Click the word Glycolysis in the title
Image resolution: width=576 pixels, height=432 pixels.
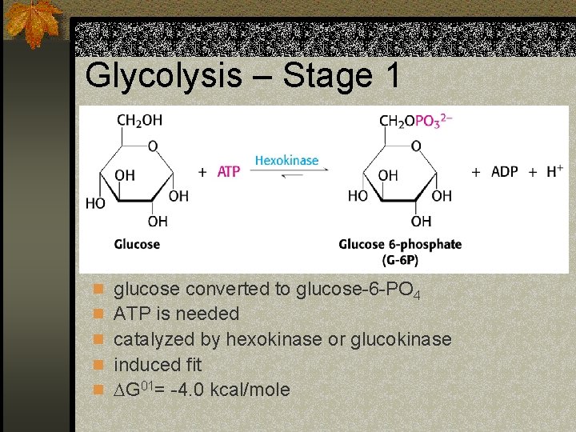(x=163, y=77)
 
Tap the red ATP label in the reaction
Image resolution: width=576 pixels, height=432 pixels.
(x=229, y=172)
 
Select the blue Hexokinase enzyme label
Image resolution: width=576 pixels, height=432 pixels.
(x=286, y=161)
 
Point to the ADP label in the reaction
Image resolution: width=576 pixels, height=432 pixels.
(x=504, y=172)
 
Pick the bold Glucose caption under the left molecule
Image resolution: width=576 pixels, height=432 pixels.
(x=137, y=244)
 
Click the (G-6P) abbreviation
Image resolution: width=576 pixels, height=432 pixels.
(x=400, y=260)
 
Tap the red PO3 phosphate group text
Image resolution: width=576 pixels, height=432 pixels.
(x=434, y=121)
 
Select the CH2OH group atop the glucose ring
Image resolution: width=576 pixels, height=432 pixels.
(x=139, y=120)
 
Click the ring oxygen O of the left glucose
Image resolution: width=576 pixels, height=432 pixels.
(x=152, y=146)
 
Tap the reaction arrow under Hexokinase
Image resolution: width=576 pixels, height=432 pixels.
(x=286, y=175)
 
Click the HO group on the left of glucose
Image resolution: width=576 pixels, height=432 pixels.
(x=95, y=204)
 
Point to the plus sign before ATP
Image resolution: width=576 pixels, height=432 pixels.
(x=202, y=172)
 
